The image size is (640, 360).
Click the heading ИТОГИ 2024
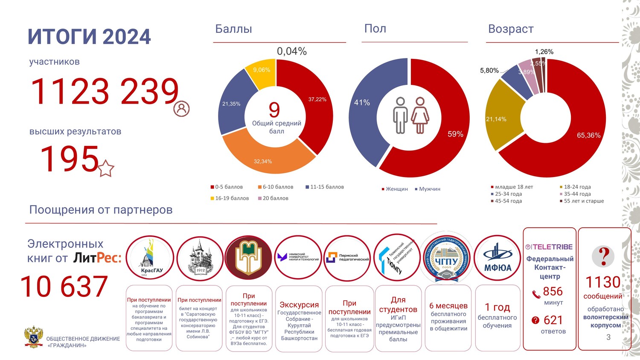point(89,37)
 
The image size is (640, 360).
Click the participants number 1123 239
point(105,92)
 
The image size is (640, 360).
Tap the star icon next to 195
point(106,168)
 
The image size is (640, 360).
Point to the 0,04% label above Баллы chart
point(292,51)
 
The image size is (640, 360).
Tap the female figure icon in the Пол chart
point(420,115)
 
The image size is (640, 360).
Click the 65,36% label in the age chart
point(588,135)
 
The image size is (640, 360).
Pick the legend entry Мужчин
point(429,189)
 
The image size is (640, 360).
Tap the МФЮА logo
point(497,258)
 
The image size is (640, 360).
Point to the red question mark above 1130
point(603,256)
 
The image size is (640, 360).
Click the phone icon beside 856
point(536,293)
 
